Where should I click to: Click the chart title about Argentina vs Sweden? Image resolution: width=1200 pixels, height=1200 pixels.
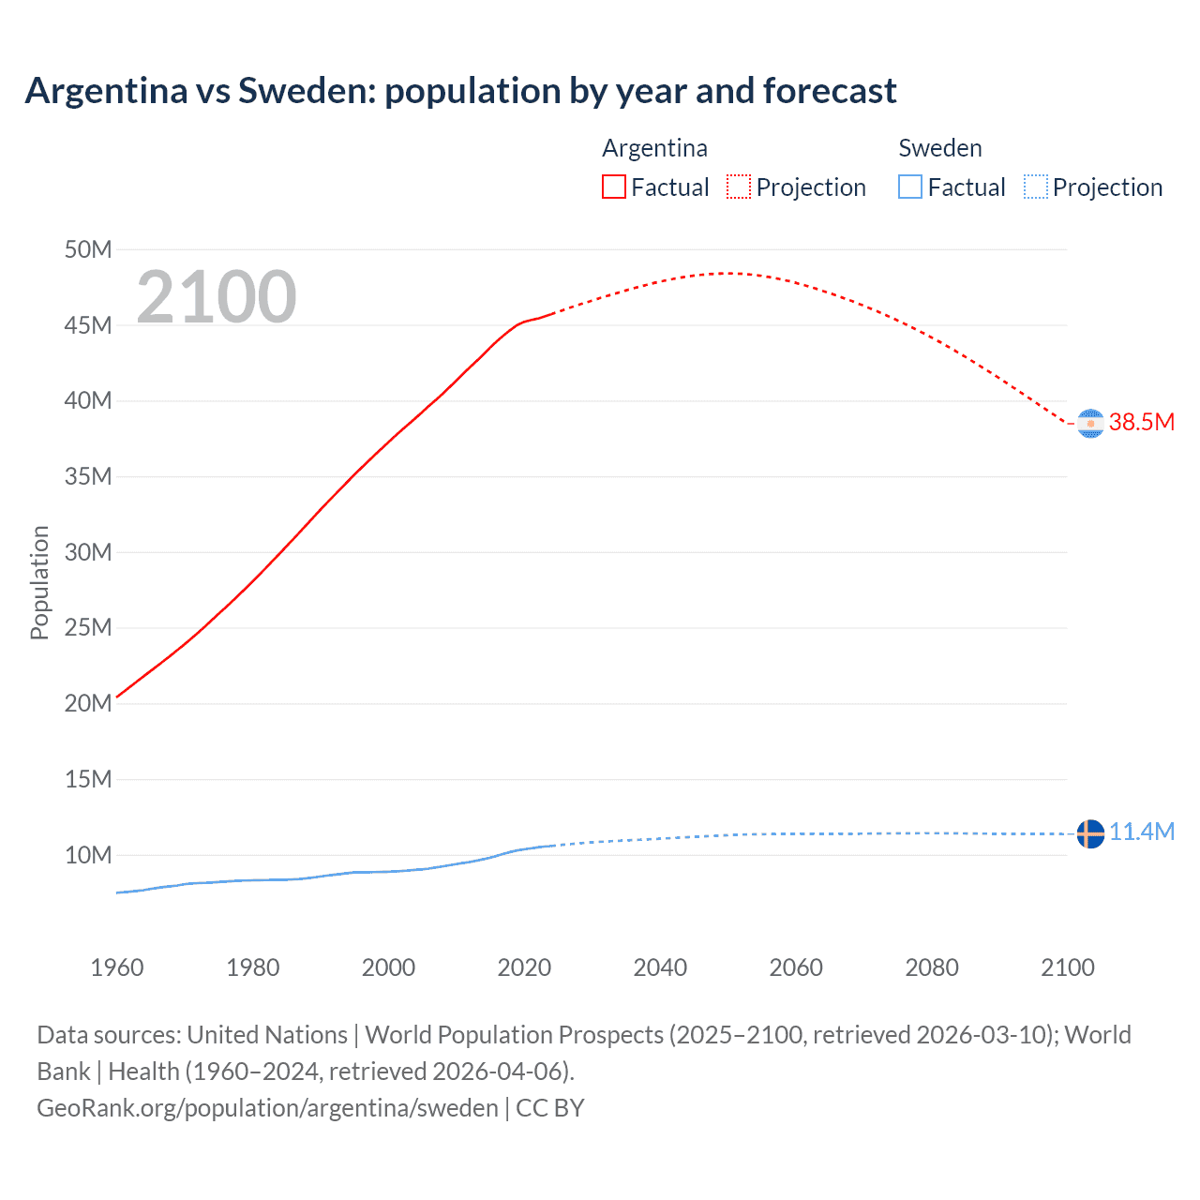pyautogui.click(x=460, y=91)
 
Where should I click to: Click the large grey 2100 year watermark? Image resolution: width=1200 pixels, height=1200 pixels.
pyautogui.click(x=217, y=297)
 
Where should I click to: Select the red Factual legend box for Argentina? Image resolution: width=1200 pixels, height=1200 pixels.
pyautogui.click(x=613, y=187)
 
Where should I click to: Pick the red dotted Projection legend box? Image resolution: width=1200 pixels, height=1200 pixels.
pyautogui.click(x=739, y=187)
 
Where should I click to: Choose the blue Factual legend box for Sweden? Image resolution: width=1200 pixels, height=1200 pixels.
pyautogui.click(x=910, y=187)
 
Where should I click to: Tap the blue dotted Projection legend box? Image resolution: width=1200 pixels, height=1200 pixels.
pyautogui.click(x=1036, y=187)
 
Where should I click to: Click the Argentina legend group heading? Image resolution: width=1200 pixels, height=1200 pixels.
pyautogui.click(x=654, y=148)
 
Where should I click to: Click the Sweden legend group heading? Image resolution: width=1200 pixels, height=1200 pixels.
pyautogui.click(x=940, y=148)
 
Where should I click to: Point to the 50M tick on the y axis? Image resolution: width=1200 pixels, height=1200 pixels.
pyautogui.click(x=88, y=249)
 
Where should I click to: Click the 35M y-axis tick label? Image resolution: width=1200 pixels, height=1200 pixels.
pyautogui.click(x=88, y=476)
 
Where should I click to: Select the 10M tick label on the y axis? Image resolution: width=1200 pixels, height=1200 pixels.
pyautogui.click(x=88, y=855)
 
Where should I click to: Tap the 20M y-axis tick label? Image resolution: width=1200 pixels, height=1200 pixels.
pyautogui.click(x=88, y=703)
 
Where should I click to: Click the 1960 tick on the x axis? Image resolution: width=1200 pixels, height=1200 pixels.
pyautogui.click(x=117, y=967)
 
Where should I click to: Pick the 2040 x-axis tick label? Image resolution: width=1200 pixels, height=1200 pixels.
pyautogui.click(x=660, y=967)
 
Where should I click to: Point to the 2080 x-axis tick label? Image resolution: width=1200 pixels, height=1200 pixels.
pyautogui.click(x=932, y=967)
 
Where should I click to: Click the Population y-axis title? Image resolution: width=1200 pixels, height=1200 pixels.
pyautogui.click(x=39, y=582)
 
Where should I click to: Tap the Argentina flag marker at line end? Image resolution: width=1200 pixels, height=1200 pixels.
pyautogui.click(x=1090, y=424)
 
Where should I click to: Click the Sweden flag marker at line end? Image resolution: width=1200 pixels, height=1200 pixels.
pyautogui.click(x=1090, y=833)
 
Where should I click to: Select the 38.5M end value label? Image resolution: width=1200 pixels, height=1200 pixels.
pyautogui.click(x=1142, y=422)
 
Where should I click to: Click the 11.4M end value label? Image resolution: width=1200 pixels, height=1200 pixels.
pyautogui.click(x=1142, y=832)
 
